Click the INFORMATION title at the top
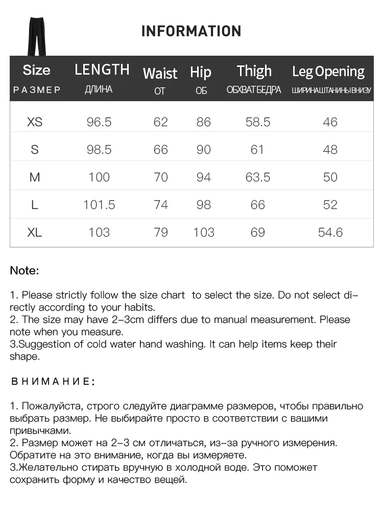point(191,31)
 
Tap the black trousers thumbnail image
point(36,36)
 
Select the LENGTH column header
point(102,69)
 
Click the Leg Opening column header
point(328,72)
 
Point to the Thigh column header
point(254,71)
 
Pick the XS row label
point(35,122)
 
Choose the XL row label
point(35,233)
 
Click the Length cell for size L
point(99,205)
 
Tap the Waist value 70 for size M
point(161,177)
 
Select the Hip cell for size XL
point(204,233)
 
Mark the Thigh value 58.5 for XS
point(257,122)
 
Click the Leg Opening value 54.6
point(330,233)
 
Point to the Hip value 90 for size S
point(204,150)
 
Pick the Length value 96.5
point(99,122)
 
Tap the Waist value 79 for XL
point(161,233)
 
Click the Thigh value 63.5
point(257,177)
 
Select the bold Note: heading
point(25,271)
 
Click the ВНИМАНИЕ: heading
point(53,382)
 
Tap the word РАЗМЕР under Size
point(36,90)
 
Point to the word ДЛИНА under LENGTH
point(99,90)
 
